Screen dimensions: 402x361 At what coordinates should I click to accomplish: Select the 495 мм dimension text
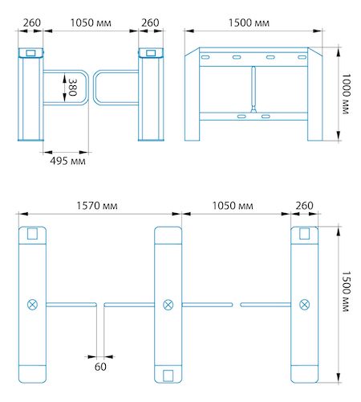(x=67, y=161)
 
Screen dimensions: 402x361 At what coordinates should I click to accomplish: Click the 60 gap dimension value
(x=100, y=367)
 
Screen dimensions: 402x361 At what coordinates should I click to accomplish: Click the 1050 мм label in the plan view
(x=234, y=205)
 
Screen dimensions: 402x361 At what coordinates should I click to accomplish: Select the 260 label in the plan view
(x=304, y=205)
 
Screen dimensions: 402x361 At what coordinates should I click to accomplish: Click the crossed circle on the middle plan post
(x=168, y=303)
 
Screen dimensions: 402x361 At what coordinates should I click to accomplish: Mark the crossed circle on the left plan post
(x=32, y=303)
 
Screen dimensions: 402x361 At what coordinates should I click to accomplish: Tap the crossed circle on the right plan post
(x=304, y=303)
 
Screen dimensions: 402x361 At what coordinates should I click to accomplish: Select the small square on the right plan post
(x=304, y=233)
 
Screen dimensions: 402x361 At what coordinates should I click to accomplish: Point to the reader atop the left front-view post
(x=30, y=53)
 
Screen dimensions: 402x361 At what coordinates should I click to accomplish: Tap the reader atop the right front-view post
(x=148, y=53)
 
